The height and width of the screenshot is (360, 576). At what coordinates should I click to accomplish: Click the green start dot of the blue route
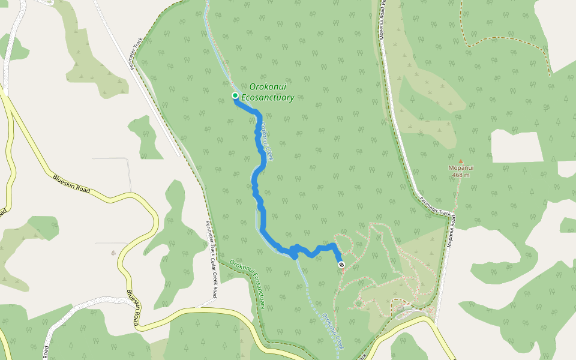coord(236,96)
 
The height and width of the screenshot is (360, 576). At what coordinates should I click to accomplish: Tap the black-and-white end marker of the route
coord(341,265)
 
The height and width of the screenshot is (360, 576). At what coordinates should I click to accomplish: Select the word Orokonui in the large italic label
coord(268,88)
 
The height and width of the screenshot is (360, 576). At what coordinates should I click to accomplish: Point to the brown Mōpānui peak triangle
coord(461,161)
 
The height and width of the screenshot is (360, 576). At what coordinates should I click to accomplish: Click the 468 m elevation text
coord(461,175)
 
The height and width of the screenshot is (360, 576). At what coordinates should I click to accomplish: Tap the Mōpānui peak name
coord(461,168)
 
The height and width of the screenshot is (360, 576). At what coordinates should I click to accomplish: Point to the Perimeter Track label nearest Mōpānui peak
coord(435,206)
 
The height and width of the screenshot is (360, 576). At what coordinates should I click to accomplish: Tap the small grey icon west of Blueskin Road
coord(113,253)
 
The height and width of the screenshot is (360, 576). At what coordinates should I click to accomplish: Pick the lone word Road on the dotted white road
coord(46,352)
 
